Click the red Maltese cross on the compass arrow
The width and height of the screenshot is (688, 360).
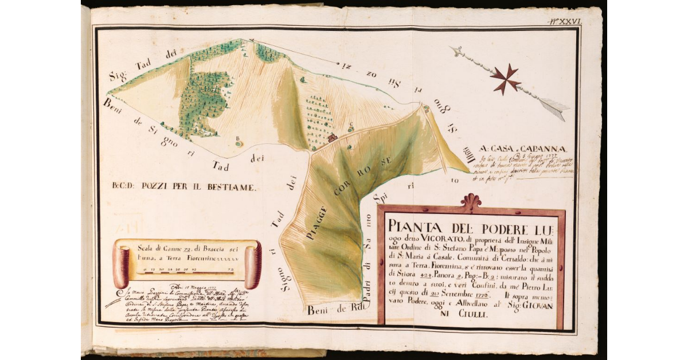click(x=505, y=79)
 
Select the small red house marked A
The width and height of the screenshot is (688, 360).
click(x=332, y=138)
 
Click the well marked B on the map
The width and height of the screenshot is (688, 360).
click(x=239, y=142)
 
